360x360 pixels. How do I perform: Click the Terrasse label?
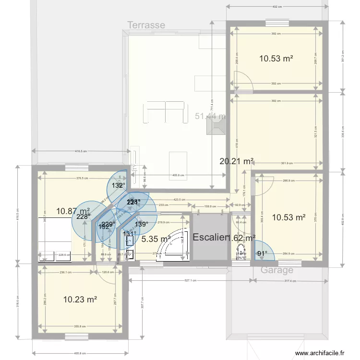point(146,25)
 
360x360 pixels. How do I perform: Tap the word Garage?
point(277,270)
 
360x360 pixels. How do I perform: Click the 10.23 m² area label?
point(80,300)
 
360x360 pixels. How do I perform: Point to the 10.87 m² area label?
point(73,211)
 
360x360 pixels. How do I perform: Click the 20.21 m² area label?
point(237,161)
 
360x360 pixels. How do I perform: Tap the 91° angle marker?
point(262,253)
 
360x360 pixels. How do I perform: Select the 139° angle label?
point(141,224)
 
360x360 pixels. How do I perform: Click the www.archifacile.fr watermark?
point(320,353)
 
